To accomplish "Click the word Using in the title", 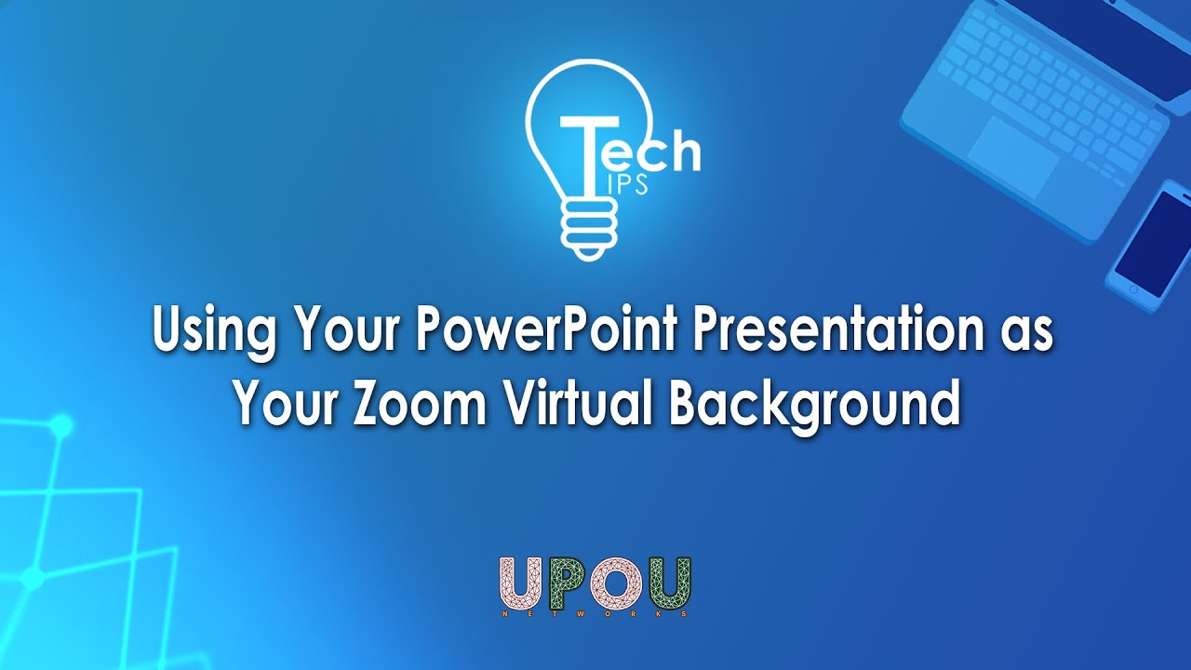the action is pyautogui.click(x=214, y=335).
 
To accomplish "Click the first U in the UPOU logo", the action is pyautogui.click(x=524, y=583).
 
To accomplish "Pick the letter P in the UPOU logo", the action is pyautogui.click(x=569, y=583).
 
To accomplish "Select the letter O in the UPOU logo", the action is pyautogui.click(x=617, y=583).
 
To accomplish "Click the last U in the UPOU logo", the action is pyautogui.click(x=668, y=583).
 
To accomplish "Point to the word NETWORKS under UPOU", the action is pyautogui.click(x=595, y=613).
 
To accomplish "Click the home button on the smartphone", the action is pyautogui.click(x=1133, y=288).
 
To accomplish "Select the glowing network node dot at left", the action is pyautogui.click(x=62, y=425).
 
